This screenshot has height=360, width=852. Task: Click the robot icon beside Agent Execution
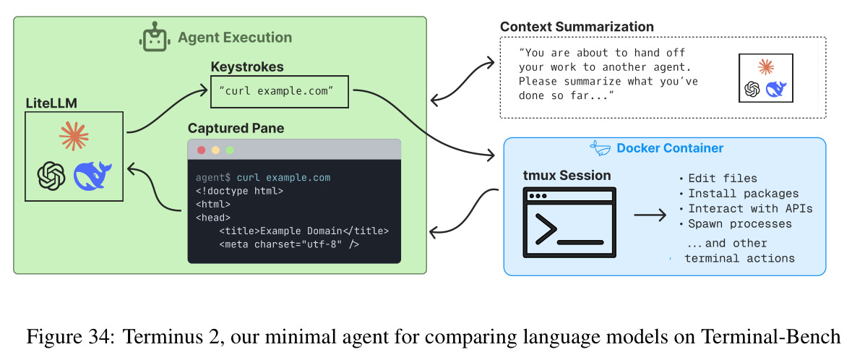[154, 37]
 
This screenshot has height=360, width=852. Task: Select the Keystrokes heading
[247, 67]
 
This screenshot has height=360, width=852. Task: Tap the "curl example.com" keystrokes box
[279, 91]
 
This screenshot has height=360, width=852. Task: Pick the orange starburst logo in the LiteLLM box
[74, 136]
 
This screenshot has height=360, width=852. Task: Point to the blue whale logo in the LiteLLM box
[92, 175]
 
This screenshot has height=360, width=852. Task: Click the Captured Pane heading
[236, 129]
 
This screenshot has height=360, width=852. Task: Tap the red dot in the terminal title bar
[202, 150]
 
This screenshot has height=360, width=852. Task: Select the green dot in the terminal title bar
[229, 150]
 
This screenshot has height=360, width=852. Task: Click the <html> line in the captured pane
[213, 204]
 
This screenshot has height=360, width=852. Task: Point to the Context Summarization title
[577, 26]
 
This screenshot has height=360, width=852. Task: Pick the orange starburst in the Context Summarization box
[765, 67]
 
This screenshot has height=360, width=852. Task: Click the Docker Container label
[669, 148]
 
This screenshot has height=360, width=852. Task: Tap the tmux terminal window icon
[569, 223]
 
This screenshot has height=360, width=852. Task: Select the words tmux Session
[567, 176]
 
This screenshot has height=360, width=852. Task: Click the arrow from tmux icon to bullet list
[650, 215]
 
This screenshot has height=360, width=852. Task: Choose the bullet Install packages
[739, 194]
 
